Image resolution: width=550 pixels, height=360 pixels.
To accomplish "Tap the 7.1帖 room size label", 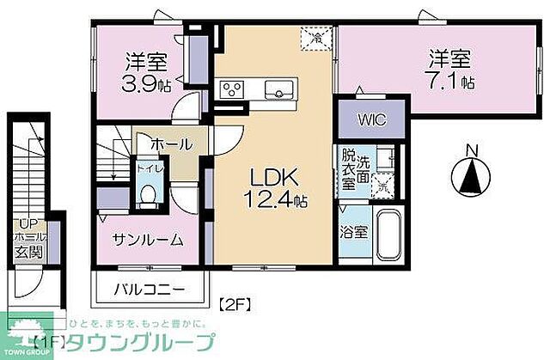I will (454, 82).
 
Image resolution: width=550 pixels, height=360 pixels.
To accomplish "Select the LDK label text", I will (274, 177).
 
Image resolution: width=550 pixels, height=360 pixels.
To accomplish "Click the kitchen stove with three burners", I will (234, 88).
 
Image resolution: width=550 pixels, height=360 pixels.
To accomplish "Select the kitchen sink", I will (279, 88).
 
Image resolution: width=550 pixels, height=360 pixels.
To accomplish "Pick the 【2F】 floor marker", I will (235, 302).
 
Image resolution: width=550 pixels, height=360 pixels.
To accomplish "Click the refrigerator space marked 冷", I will (317, 38).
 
